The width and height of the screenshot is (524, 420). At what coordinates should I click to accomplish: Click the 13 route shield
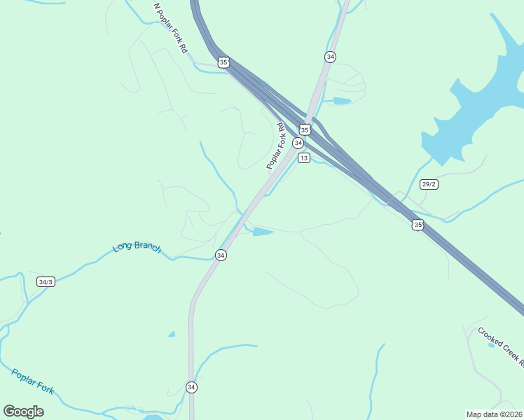(x=303, y=158)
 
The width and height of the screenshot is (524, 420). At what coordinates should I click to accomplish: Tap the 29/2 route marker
(x=429, y=184)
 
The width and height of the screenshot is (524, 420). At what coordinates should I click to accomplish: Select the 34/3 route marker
(x=46, y=281)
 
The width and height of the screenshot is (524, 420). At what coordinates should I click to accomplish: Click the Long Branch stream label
(x=137, y=248)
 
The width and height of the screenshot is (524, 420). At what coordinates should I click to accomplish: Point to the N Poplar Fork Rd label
(x=171, y=28)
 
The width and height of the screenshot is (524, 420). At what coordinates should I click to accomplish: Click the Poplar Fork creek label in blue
(x=32, y=381)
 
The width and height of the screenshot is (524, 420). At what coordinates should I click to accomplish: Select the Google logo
(x=24, y=412)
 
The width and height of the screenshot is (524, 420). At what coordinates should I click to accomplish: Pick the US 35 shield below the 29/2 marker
(x=418, y=225)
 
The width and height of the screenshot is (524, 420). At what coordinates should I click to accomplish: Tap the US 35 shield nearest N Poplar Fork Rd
(x=223, y=62)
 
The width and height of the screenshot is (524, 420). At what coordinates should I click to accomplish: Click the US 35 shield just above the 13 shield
(x=305, y=129)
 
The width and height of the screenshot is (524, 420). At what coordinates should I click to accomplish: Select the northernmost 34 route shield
(x=330, y=56)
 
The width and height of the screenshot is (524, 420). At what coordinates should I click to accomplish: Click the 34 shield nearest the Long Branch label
(x=221, y=255)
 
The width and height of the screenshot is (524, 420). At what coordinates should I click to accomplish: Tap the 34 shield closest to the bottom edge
(x=191, y=386)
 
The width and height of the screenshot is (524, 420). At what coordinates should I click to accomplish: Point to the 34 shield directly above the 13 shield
(x=298, y=143)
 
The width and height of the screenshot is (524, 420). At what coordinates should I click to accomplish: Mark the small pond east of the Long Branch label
(x=262, y=232)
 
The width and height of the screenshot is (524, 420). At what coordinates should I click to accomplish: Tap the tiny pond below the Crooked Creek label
(x=491, y=344)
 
